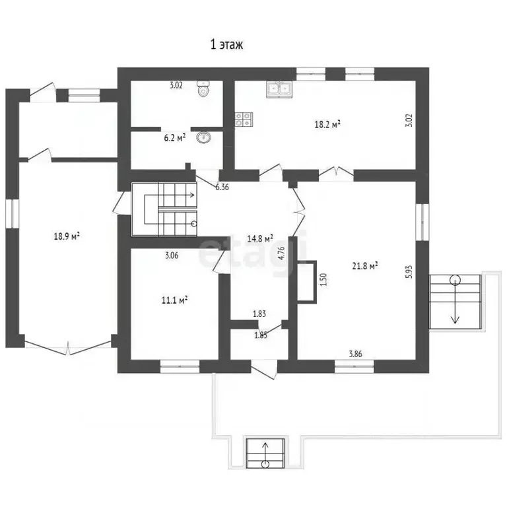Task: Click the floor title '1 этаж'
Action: (x=226, y=44)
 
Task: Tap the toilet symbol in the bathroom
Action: (x=203, y=88)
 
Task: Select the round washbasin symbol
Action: (x=203, y=137)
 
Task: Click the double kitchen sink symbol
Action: (x=279, y=89)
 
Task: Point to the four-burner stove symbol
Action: (x=244, y=119)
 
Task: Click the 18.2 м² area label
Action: (x=327, y=124)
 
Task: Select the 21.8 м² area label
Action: (x=365, y=266)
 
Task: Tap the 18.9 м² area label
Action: (x=67, y=236)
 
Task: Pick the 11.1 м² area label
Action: (x=174, y=300)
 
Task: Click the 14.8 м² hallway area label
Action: (x=260, y=238)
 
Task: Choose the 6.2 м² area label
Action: (x=174, y=138)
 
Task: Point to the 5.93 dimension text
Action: (x=409, y=272)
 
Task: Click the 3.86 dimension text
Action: (x=355, y=354)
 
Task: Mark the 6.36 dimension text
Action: (x=222, y=187)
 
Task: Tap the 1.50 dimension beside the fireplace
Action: (x=323, y=280)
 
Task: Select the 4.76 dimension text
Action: (x=281, y=253)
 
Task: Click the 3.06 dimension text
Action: (x=172, y=255)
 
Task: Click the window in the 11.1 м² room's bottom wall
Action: (x=180, y=366)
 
